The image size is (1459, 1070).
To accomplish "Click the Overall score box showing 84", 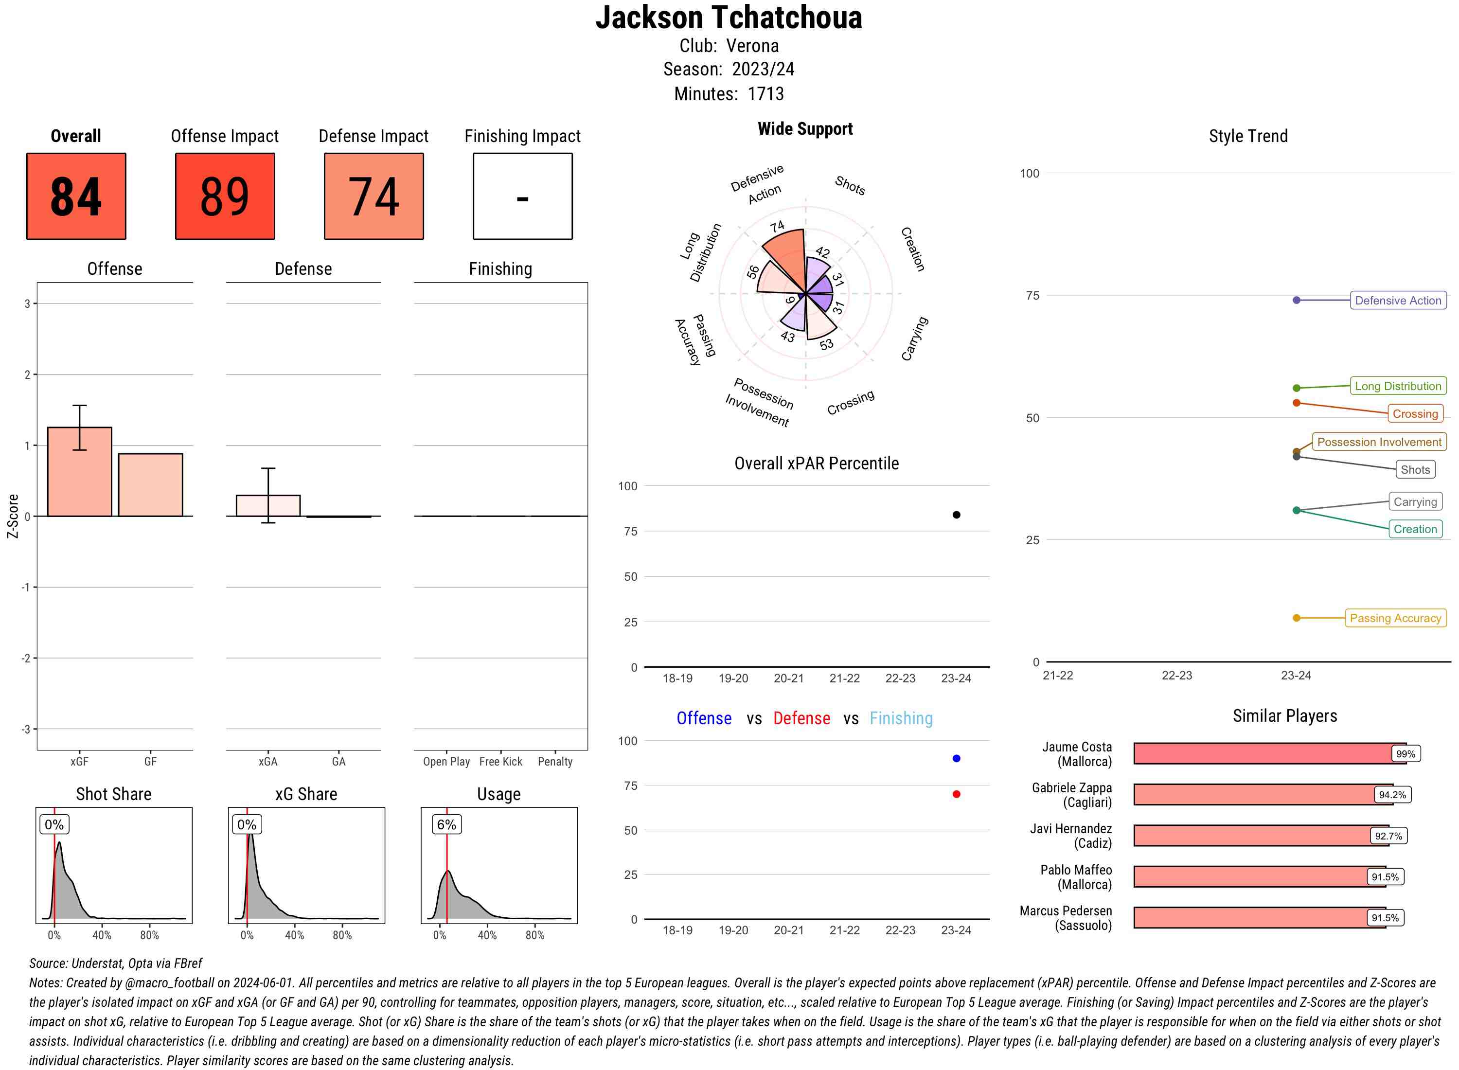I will [x=76, y=196].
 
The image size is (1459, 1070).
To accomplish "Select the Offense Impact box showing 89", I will [x=225, y=196].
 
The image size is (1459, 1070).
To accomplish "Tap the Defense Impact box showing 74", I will [x=374, y=196].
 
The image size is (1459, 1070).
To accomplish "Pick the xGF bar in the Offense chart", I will [x=80, y=471].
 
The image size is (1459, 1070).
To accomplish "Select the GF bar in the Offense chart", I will [x=150, y=484].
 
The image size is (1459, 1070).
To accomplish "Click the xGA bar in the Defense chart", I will [x=268, y=505].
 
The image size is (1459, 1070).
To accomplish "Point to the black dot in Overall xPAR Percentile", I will [x=956, y=515].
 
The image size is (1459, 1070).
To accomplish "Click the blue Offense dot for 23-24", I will [x=956, y=758].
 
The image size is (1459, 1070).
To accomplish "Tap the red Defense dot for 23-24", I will [x=956, y=794].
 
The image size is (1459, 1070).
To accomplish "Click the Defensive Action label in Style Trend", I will [x=1398, y=301].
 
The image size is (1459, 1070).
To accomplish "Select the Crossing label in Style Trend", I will [x=1415, y=414].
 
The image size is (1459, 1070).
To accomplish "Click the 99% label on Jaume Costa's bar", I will [x=1405, y=754].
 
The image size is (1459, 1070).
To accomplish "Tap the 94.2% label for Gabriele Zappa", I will [x=1392, y=795].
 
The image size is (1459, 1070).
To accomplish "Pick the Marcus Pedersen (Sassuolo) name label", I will [x=1065, y=918].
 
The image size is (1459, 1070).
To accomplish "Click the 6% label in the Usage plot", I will [x=446, y=824].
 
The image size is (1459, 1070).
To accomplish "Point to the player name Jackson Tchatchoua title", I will [x=729, y=18].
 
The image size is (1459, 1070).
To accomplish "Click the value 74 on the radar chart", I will [x=777, y=227].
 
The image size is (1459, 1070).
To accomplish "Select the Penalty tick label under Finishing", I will [x=555, y=762].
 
